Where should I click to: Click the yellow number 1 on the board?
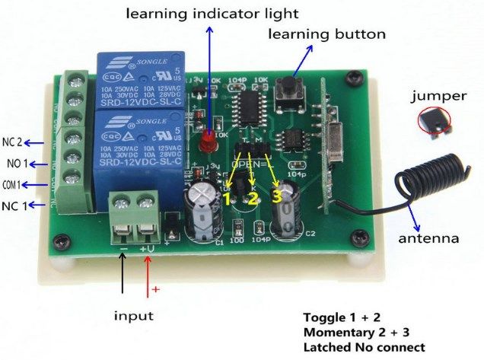click(x=225, y=196)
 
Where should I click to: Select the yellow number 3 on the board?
click(x=276, y=195)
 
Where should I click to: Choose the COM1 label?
click(x=14, y=184)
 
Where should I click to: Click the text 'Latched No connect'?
click(x=364, y=348)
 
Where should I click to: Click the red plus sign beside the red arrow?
click(x=158, y=290)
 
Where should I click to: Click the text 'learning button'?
click(x=327, y=34)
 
